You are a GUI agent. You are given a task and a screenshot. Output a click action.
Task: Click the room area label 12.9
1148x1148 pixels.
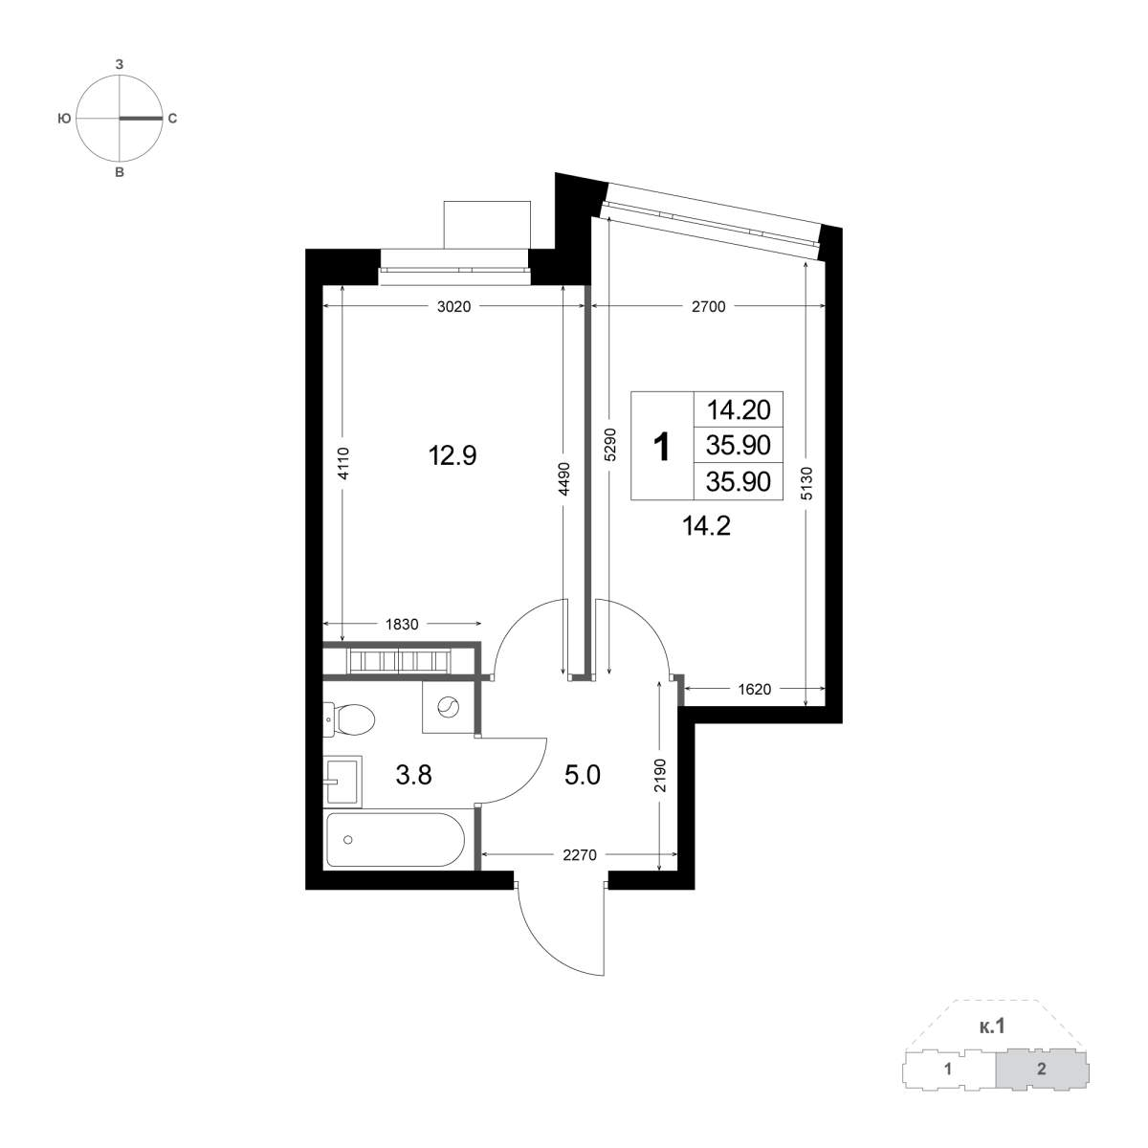tap(453, 456)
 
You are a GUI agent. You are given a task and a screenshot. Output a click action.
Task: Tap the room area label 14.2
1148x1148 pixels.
tap(706, 526)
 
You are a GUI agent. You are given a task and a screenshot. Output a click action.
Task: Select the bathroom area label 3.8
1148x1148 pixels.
tap(413, 776)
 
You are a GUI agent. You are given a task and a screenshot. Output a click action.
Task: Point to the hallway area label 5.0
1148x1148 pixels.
tap(582, 776)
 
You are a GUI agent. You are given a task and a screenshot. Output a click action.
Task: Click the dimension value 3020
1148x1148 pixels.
tap(454, 307)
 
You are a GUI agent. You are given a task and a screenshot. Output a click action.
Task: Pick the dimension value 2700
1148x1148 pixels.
tap(708, 307)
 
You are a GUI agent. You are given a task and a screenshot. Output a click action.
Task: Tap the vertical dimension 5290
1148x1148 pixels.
tap(609, 445)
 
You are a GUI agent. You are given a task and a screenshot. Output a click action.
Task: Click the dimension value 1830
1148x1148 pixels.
tap(402, 625)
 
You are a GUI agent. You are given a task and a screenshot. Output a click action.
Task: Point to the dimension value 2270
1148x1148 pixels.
tap(580, 855)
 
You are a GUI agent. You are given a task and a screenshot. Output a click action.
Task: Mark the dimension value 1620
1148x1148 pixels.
tap(754, 689)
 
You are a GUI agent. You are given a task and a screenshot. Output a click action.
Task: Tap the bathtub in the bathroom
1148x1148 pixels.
tap(395, 840)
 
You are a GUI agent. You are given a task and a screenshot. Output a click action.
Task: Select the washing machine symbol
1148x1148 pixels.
tap(448, 708)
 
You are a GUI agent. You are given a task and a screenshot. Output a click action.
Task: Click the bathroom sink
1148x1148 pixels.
tap(342, 781)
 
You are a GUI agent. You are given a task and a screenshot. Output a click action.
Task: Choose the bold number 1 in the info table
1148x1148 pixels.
tap(662, 447)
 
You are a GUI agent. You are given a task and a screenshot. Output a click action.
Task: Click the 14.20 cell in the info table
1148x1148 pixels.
tap(739, 409)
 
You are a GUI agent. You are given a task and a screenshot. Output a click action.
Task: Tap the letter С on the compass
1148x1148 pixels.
tap(172, 119)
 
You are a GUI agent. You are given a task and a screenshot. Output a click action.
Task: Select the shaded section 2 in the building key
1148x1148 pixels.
tap(1042, 1086)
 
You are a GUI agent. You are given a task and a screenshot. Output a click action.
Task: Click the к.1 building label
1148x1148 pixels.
tap(991, 1043)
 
